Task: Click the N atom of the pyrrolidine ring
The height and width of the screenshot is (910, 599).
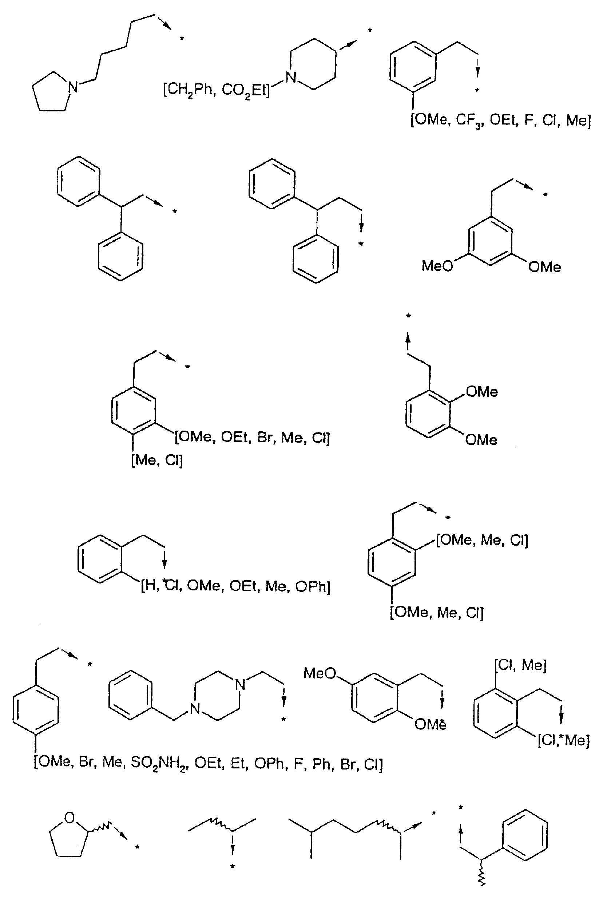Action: [73, 88]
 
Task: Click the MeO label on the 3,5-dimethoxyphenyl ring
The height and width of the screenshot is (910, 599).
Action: [437, 266]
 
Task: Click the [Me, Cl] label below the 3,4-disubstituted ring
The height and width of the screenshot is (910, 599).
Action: [157, 460]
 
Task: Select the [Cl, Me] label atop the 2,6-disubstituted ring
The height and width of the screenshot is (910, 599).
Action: [521, 665]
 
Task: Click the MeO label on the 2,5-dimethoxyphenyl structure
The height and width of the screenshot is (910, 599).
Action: [320, 673]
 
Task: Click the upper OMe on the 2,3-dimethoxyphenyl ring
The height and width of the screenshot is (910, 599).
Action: [482, 392]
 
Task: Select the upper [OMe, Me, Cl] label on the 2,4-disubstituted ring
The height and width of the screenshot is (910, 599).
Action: [483, 540]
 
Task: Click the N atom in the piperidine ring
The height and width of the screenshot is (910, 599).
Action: [291, 78]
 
